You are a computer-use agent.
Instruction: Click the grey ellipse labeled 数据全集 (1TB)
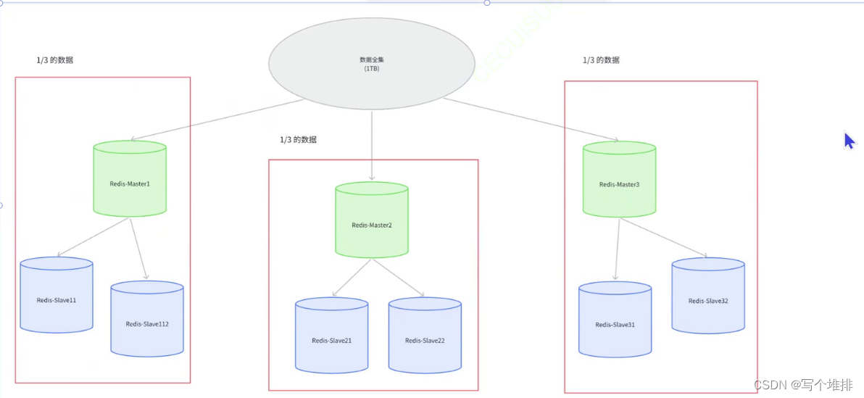371,64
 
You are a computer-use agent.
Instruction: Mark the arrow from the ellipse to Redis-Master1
217,119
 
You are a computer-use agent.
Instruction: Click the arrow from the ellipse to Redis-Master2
371,145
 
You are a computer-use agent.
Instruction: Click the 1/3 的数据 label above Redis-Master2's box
298,139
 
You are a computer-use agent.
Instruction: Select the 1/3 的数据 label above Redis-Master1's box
54,60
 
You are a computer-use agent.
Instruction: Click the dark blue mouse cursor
849,140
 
